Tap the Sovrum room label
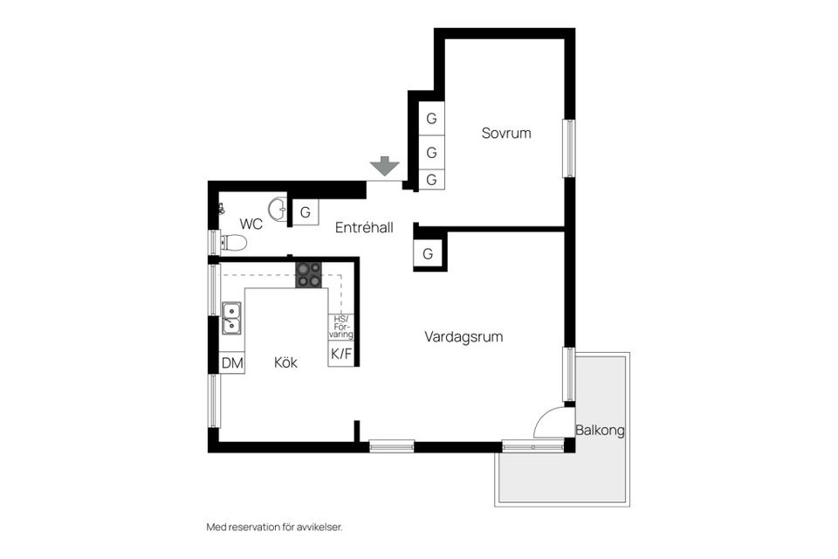coord(506,134)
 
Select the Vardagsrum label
coord(464,336)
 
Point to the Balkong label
coord(601,431)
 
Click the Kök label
coord(285,362)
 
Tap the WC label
coord(251,224)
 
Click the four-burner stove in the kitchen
coord(308,275)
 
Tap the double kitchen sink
coord(231,318)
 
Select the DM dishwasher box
coord(231,362)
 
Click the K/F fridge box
coord(340,354)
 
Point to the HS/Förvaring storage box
coord(340,327)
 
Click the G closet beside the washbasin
coord(305,212)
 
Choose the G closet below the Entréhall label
coord(428,254)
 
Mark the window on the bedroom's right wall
coord(569,147)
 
